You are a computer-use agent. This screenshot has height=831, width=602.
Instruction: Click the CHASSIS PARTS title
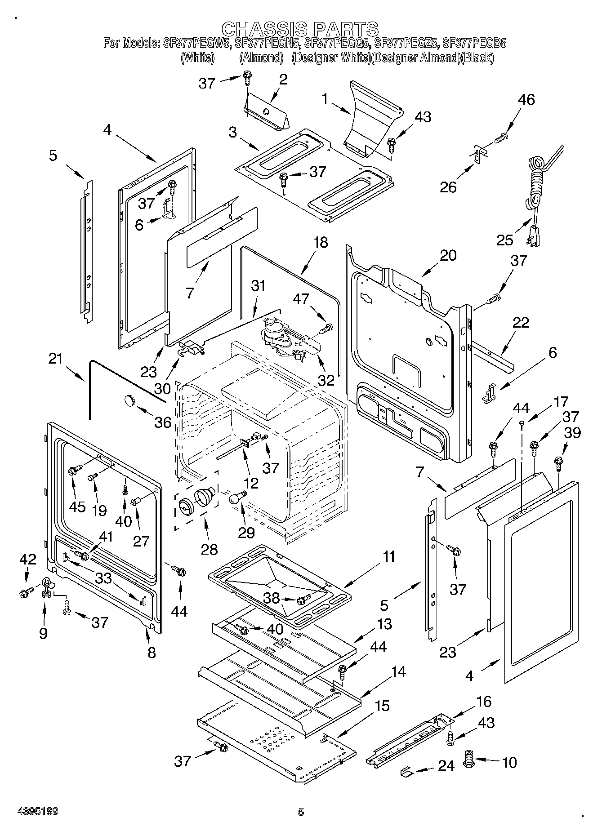(x=300, y=29)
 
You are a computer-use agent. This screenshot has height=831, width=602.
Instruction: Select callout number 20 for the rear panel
(x=447, y=255)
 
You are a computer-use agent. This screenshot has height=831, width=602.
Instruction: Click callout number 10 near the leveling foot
(x=509, y=762)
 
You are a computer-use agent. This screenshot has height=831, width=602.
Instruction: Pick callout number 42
(x=28, y=559)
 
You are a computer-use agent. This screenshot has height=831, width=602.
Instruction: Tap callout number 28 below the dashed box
(x=210, y=549)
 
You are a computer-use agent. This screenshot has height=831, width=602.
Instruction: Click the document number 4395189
(x=38, y=812)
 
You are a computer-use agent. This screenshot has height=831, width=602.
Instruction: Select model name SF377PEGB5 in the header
(x=475, y=44)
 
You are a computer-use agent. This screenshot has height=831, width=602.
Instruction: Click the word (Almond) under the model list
(x=261, y=58)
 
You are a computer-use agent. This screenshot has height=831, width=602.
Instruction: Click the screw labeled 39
(x=559, y=461)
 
